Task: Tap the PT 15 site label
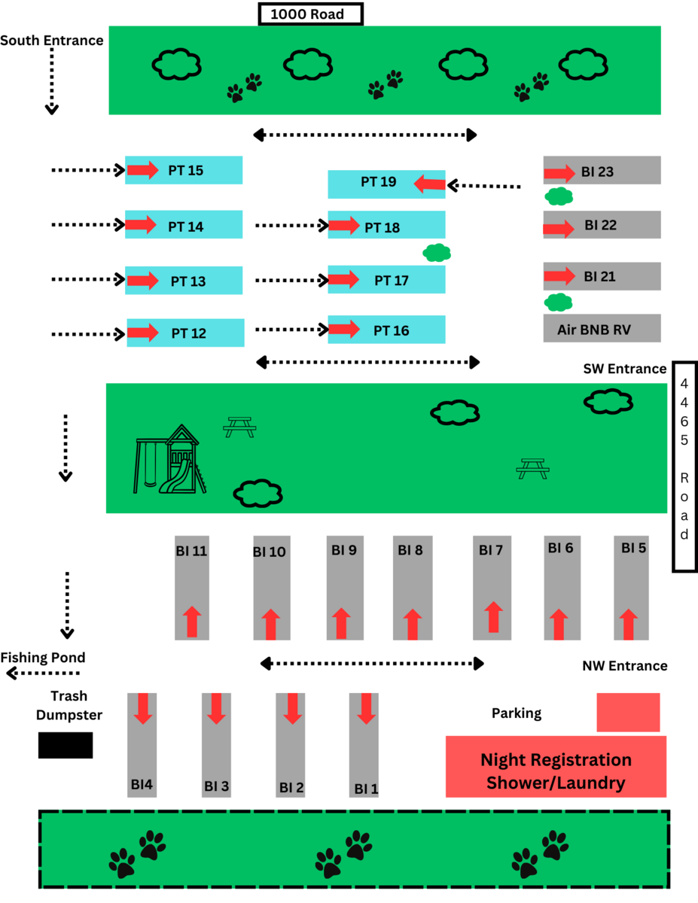tap(186, 171)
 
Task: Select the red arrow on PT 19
tap(429, 183)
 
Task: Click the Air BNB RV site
tap(602, 329)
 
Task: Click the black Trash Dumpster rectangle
tap(66, 745)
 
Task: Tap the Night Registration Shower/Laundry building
tap(556, 771)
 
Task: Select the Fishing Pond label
tap(42, 657)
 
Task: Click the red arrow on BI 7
tap(493, 616)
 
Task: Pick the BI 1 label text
tap(366, 789)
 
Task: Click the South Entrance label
tap(51, 41)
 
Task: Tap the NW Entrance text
tap(624, 666)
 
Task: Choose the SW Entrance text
tap(624, 369)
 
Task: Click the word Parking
tap(517, 713)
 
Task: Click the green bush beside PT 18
tap(437, 253)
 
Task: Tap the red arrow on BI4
tap(142, 709)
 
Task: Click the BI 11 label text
tap(191, 550)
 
